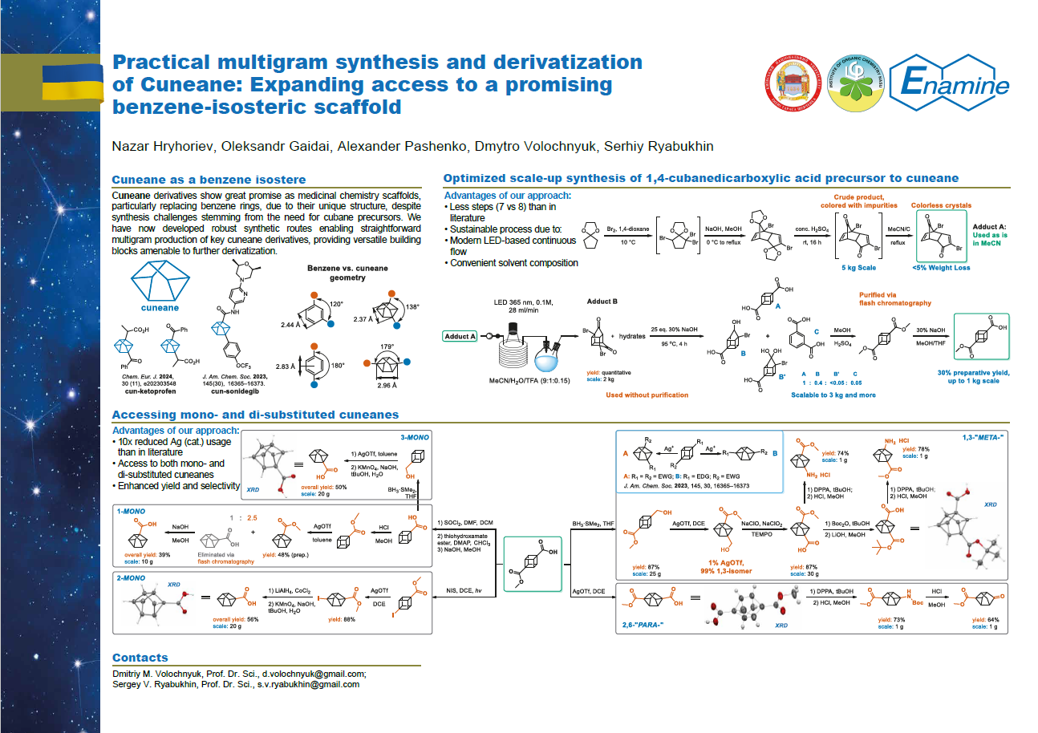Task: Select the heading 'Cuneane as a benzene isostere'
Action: click(x=209, y=180)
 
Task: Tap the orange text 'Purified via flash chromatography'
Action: click(x=894, y=298)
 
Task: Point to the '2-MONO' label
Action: click(x=131, y=577)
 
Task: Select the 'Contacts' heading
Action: click(x=140, y=658)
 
